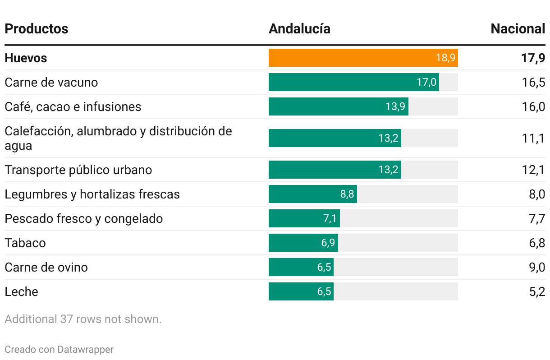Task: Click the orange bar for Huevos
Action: point(363,58)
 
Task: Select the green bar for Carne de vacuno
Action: point(353,82)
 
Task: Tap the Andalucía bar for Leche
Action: point(301,291)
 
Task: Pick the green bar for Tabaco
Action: point(303,243)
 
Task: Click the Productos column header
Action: point(37,29)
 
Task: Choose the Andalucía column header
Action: point(299,29)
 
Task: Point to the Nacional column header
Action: point(518,29)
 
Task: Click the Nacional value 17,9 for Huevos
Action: point(533,58)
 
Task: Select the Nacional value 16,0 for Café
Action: point(534,107)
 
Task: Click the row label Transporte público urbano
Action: point(78,170)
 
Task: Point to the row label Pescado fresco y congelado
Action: point(84,219)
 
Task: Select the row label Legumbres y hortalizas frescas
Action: point(92,194)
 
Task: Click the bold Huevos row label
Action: point(26,58)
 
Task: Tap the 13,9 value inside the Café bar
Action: point(395,107)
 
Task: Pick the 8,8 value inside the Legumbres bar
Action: point(347,194)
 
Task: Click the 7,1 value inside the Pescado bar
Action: point(330,219)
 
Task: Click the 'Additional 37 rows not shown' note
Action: point(83,319)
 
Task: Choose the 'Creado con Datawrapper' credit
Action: point(59,349)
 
